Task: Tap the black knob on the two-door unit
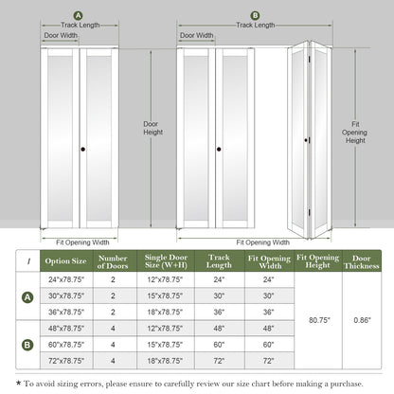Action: tap(84, 150)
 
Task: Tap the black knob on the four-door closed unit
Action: tap(219, 150)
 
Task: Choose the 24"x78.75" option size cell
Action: tap(66, 280)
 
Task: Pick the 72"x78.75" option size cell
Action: tap(66, 361)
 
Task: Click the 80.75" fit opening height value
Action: tap(318, 320)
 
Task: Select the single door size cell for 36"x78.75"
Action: tap(167, 312)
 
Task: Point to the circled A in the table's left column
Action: tap(27, 295)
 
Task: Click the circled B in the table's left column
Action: tap(27, 345)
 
